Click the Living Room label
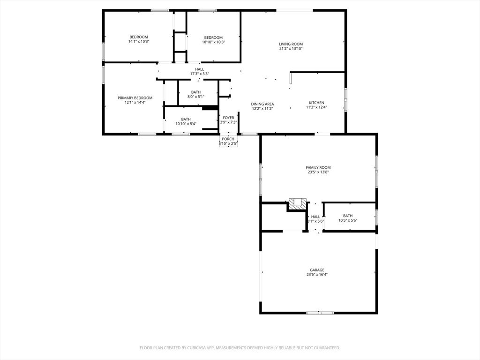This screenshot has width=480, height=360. pyautogui.click(x=291, y=44)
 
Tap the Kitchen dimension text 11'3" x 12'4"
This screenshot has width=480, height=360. pyautogui.click(x=316, y=107)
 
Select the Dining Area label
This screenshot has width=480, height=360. pyautogui.click(x=262, y=104)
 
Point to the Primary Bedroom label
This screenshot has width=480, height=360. pyautogui.click(x=135, y=98)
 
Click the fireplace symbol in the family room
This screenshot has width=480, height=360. pyautogui.click(x=297, y=203)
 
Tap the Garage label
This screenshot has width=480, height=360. pyautogui.click(x=317, y=270)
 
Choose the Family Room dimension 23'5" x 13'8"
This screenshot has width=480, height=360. pyautogui.click(x=318, y=172)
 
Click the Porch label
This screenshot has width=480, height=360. pyautogui.click(x=228, y=139)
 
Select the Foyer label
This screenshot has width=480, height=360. pyautogui.click(x=228, y=118)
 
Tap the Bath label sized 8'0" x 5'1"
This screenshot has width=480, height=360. pyautogui.click(x=196, y=92)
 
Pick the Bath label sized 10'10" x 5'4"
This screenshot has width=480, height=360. pyautogui.click(x=186, y=119)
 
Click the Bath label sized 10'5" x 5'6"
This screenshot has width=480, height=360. pyautogui.click(x=348, y=216)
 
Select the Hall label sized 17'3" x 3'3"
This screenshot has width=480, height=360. pyautogui.click(x=200, y=69)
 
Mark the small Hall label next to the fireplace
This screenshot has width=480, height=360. pyautogui.click(x=315, y=217)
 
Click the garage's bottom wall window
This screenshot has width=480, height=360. pyautogui.click(x=320, y=313)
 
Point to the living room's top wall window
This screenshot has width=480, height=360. pyautogui.click(x=294, y=10)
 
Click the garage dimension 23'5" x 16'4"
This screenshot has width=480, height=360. pyautogui.click(x=317, y=275)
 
